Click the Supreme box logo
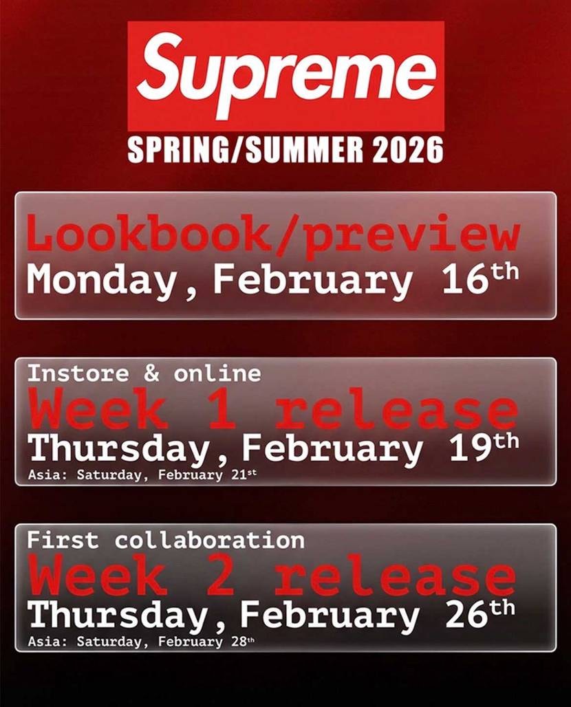tap(285, 76)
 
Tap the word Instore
tap(78, 373)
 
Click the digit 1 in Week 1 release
tap(222, 412)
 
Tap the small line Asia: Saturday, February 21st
tap(142, 475)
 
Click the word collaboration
tap(210, 540)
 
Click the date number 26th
tap(480, 614)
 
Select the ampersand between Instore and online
tap(152, 373)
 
